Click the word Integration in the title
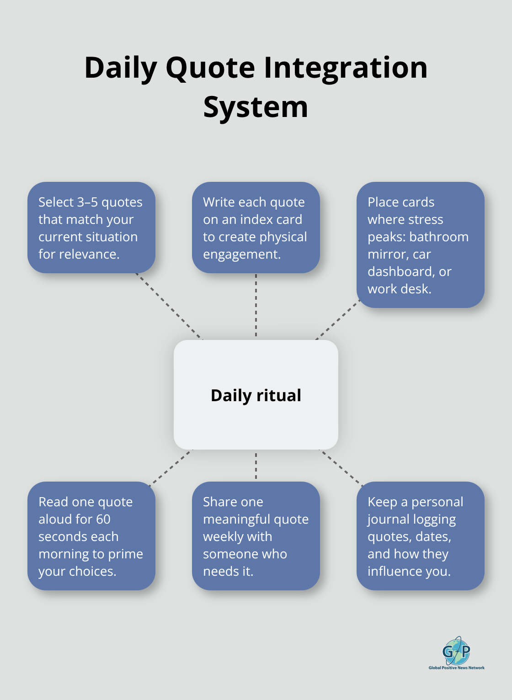pyautogui.click(x=346, y=68)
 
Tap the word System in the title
pyautogui.click(x=256, y=107)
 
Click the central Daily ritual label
pyautogui.click(x=256, y=395)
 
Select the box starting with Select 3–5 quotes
pyautogui.click(x=91, y=228)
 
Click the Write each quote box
pyautogui.click(x=256, y=228)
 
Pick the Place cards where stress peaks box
pyautogui.click(x=420, y=245)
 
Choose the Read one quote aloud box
pyautogui.click(x=91, y=536)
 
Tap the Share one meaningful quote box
pyautogui.click(x=256, y=536)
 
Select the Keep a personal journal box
pyautogui.click(x=420, y=536)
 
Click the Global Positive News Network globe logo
pyautogui.click(x=456, y=651)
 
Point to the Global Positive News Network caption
pyautogui.click(x=456, y=668)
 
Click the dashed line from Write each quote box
pyautogui.click(x=256, y=306)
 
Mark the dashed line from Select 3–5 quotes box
pyautogui.click(x=169, y=306)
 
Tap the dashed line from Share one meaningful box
pyautogui.click(x=256, y=466)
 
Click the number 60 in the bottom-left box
pyautogui.click(x=103, y=519)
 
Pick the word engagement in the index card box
pyautogui.click(x=241, y=254)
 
